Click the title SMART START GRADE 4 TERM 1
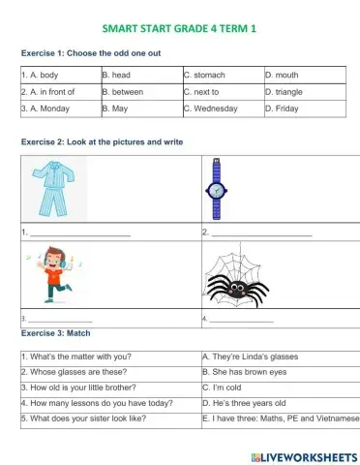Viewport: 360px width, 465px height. point(179,28)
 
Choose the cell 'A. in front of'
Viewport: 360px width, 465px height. point(57,92)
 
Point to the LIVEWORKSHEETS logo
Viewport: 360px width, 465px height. point(301,456)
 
